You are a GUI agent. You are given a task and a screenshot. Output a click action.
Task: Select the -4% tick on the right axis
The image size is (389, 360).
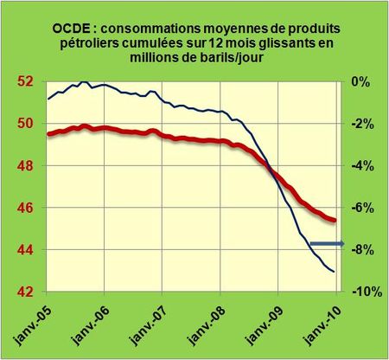click(x=360, y=166)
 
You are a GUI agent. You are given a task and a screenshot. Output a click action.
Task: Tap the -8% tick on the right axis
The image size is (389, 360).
click(x=360, y=250)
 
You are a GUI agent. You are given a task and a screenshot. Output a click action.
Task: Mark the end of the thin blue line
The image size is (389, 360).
click(x=335, y=272)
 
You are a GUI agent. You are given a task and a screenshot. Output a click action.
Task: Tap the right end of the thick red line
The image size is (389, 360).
click(x=335, y=221)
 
